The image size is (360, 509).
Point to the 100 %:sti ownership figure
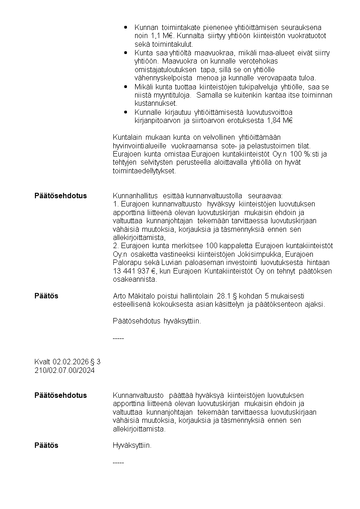304,154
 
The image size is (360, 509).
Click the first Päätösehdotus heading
60,196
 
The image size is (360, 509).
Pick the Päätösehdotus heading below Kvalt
60,395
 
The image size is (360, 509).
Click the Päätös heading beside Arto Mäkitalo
46,296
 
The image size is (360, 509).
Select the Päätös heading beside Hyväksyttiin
46,445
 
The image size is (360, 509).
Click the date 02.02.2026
70,362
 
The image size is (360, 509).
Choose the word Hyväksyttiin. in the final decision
132,445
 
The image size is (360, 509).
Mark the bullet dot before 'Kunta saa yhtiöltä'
125,53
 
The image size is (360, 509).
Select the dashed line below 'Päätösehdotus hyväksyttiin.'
118,338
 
